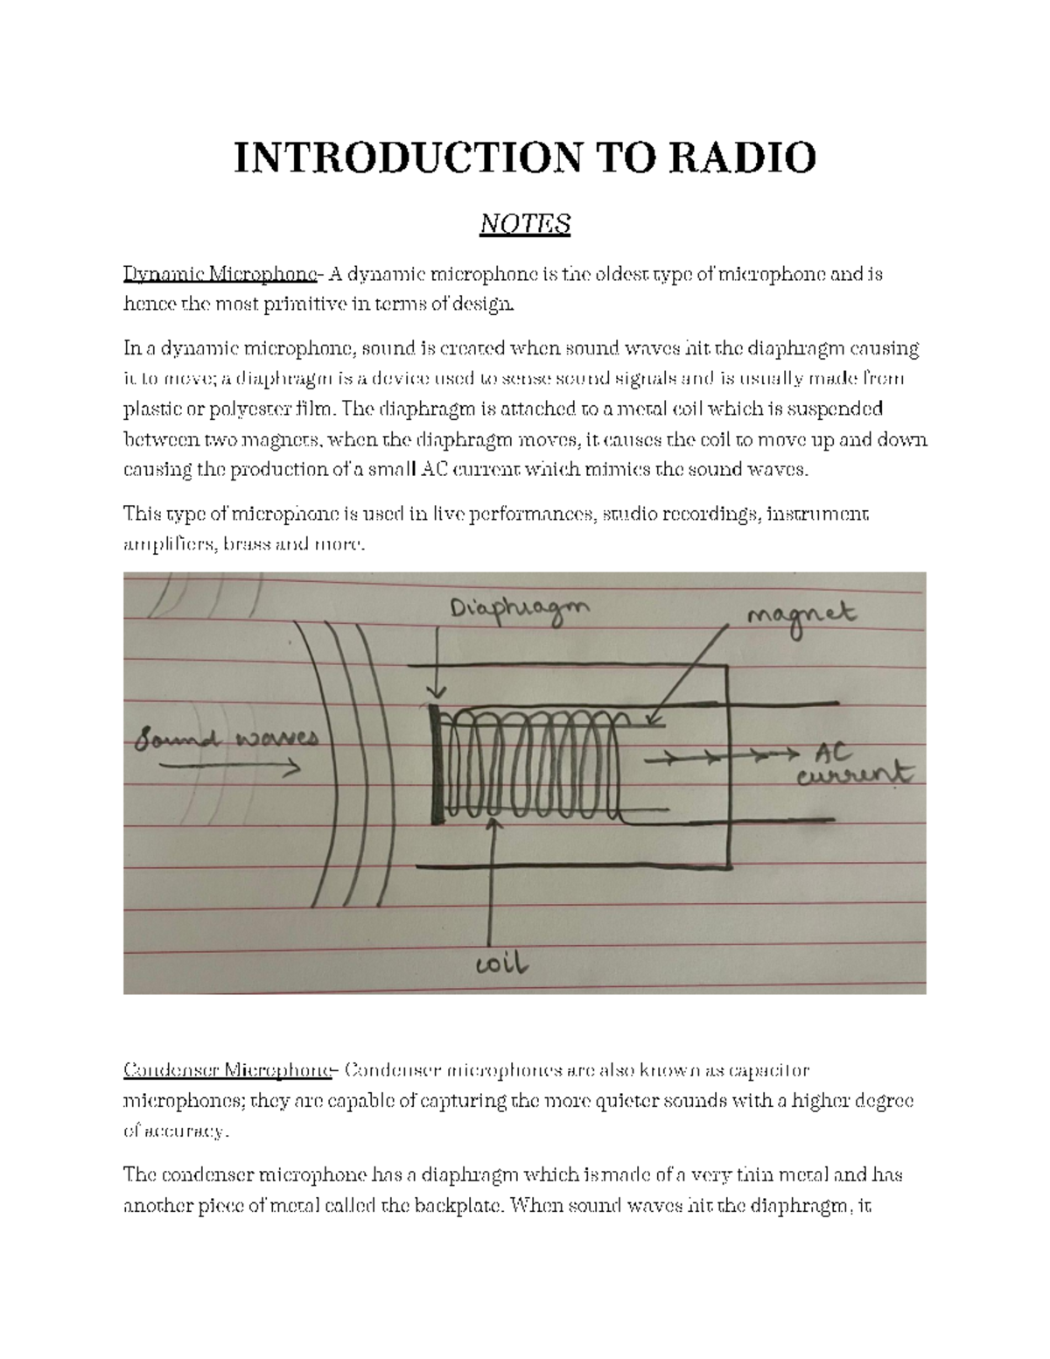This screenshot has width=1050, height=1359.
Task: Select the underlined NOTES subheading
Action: point(525,224)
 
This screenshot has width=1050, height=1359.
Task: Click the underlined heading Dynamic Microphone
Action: point(220,275)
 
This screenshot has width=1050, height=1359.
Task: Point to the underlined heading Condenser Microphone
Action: point(228,1070)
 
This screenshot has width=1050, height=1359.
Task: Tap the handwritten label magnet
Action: point(800,617)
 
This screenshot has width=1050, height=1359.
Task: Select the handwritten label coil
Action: point(501,963)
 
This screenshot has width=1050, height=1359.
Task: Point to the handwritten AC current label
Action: point(853,764)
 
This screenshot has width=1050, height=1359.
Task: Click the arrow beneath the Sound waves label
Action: point(229,767)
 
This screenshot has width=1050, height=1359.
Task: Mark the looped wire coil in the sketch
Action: point(529,761)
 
